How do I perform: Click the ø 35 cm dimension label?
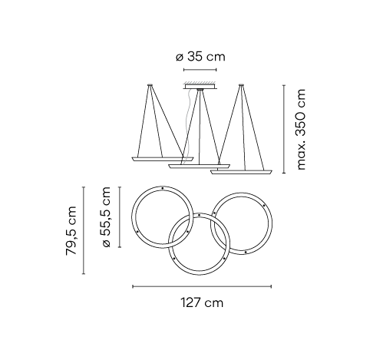tap(200, 57)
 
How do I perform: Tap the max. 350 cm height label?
tap(302, 129)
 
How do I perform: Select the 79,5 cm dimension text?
tap(71, 230)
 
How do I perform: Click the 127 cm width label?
tap(202, 302)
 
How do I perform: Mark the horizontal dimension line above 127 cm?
tap(202, 286)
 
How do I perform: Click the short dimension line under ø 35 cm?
tap(200, 70)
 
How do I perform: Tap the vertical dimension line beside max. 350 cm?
tap(284, 129)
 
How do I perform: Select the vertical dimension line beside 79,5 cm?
tap(84, 230)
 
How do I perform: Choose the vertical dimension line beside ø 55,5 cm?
tap(120, 217)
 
